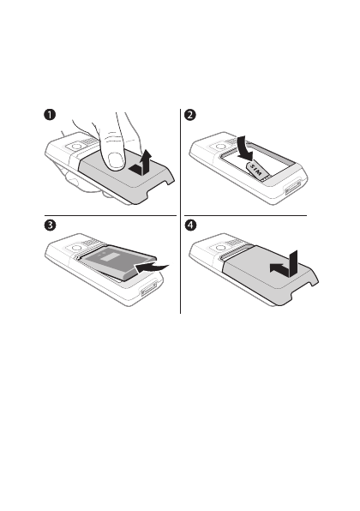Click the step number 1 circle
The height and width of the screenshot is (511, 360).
tap(50, 115)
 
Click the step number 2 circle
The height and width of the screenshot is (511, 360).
tap(190, 115)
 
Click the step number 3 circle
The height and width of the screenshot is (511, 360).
tap(50, 225)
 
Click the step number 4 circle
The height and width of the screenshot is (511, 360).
tap(190, 225)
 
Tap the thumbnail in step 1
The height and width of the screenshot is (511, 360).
tap(116, 161)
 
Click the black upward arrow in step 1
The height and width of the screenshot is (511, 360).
tap(141, 162)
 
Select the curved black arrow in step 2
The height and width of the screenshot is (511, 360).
tap(245, 148)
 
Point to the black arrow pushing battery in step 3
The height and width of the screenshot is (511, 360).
tap(152, 268)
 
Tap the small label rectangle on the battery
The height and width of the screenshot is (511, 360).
tap(106, 257)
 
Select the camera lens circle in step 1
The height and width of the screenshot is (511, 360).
tap(76, 147)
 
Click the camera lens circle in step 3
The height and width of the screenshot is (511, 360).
tap(76, 248)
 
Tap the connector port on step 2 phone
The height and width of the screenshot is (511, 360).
tap(293, 188)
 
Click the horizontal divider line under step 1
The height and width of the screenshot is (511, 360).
tap(111, 215)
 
